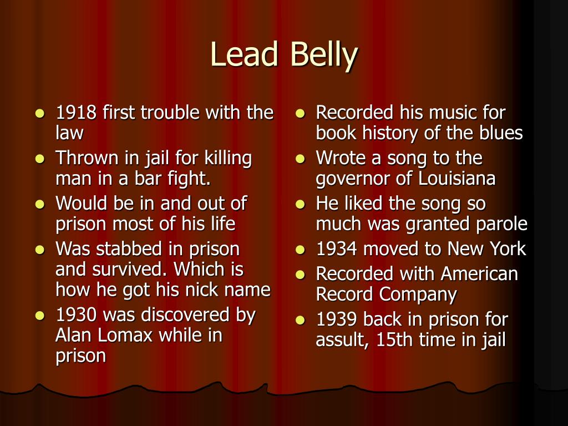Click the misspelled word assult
point(341,339)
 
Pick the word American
point(479,273)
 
